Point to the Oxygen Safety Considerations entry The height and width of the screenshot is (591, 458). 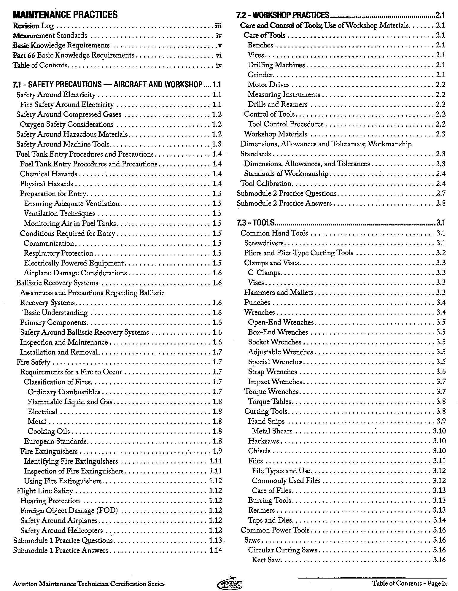66,124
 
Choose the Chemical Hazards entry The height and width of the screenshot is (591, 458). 48,174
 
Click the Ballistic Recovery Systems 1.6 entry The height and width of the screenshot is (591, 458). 57,283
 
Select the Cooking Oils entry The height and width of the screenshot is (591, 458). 49,431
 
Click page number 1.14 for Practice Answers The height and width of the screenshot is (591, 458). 215,550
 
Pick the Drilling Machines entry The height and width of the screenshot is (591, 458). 276,65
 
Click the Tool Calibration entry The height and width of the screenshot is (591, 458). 266,183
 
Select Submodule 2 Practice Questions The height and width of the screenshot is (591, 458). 286,193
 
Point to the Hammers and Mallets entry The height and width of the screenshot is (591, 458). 279,293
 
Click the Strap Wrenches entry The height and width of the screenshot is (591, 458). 272,372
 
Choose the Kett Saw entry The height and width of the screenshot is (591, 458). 266,560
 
